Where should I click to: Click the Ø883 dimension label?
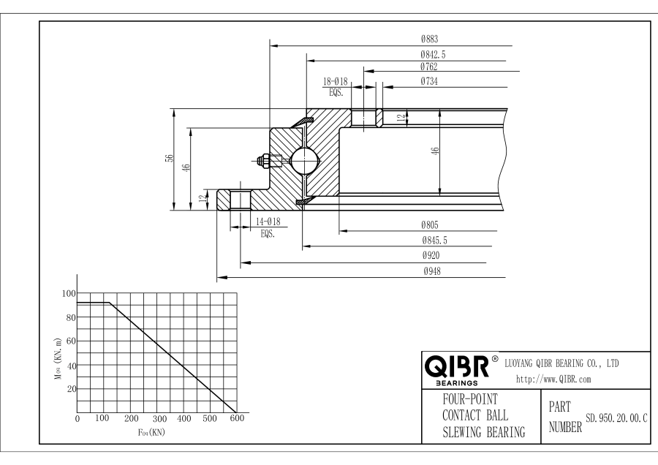coord(429,39)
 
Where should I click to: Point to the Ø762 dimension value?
coord(429,66)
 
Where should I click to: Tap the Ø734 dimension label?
coord(429,81)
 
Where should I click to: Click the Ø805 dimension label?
coord(429,226)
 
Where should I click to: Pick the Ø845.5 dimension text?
coord(434,241)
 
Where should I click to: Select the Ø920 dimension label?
coord(429,256)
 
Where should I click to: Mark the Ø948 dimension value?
coord(429,271)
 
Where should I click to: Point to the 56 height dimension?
coord(169,159)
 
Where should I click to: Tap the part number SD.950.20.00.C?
coord(617,419)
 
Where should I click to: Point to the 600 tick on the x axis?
coord(237,419)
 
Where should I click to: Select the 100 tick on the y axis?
coord(69,293)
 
